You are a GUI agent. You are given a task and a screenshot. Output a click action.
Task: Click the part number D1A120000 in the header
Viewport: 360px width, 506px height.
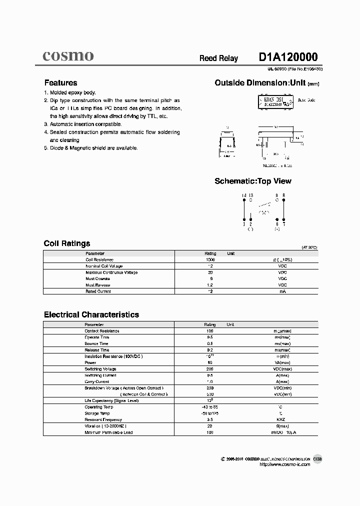point(288,57)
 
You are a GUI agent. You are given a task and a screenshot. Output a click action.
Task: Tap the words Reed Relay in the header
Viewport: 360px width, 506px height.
point(218,58)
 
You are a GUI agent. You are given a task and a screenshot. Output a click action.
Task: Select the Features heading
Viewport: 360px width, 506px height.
point(60,83)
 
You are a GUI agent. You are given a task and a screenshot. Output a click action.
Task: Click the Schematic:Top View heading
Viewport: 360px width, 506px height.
point(252,181)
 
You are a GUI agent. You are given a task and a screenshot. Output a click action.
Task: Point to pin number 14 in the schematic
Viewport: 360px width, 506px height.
point(243,195)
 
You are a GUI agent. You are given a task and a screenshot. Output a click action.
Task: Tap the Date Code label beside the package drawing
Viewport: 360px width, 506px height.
point(306,100)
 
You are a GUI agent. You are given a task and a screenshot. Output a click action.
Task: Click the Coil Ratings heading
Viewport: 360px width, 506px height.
point(67,243)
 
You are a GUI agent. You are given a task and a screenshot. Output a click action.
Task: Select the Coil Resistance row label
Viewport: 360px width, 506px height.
point(99,260)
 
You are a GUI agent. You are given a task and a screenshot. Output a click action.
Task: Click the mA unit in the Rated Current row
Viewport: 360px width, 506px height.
point(282,291)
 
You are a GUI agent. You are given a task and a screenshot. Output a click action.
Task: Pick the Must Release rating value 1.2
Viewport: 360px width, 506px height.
point(210,285)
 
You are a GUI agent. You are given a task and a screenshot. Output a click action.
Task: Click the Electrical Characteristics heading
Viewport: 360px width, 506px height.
point(91,314)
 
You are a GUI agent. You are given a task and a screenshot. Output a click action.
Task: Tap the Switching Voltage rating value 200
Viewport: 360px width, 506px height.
point(210,369)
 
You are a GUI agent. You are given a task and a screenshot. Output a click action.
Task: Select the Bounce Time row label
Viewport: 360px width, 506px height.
point(96,343)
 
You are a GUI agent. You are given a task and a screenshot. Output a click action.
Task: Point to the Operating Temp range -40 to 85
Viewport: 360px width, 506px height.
point(210,407)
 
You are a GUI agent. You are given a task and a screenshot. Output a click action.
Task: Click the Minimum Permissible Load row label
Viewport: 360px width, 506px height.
point(108,432)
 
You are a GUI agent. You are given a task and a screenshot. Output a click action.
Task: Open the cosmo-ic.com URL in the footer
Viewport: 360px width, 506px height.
point(285,464)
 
